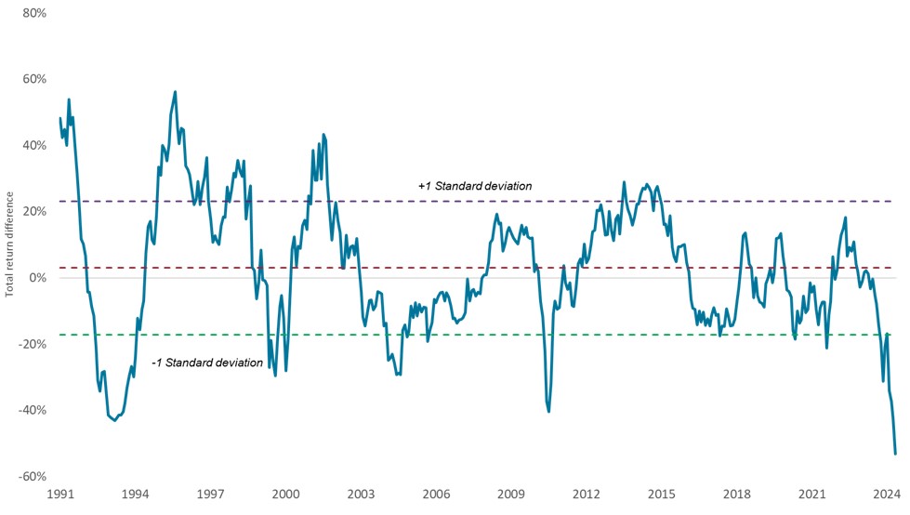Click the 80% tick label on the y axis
(33, 13)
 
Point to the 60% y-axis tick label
(33, 79)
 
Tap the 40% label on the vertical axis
(33, 145)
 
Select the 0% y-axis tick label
(36, 278)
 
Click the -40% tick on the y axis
(32, 410)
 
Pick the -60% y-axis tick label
(32, 476)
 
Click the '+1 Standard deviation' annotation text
(474, 187)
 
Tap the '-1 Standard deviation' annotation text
(206, 363)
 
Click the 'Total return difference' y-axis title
(10, 244)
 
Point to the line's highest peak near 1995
(175, 92)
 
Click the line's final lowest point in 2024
(895, 454)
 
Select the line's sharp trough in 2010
(549, 411)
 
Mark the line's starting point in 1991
(60, 118)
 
